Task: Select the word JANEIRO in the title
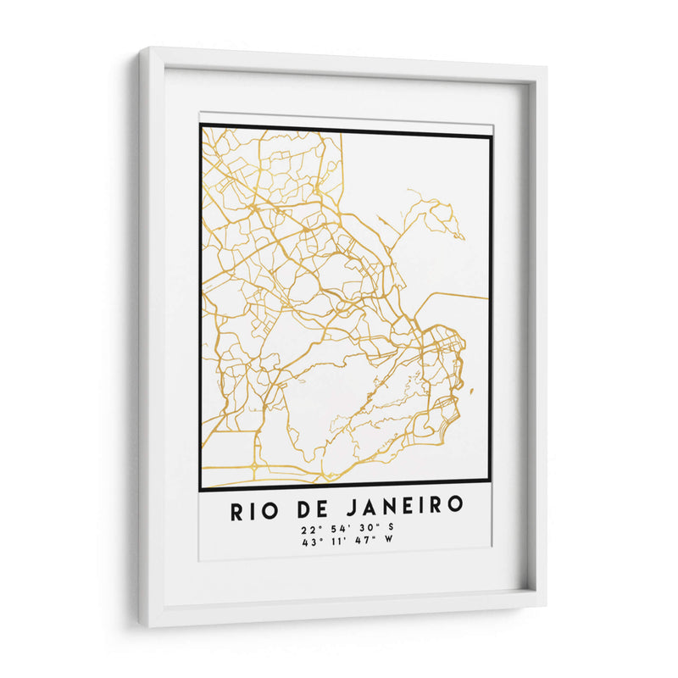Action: point(407,506)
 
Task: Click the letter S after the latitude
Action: point(390,529)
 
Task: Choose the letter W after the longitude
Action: point(389,542)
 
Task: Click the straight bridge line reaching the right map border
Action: point(458,296)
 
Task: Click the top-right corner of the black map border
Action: point(491,136)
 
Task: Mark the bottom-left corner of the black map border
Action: point(200,490)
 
